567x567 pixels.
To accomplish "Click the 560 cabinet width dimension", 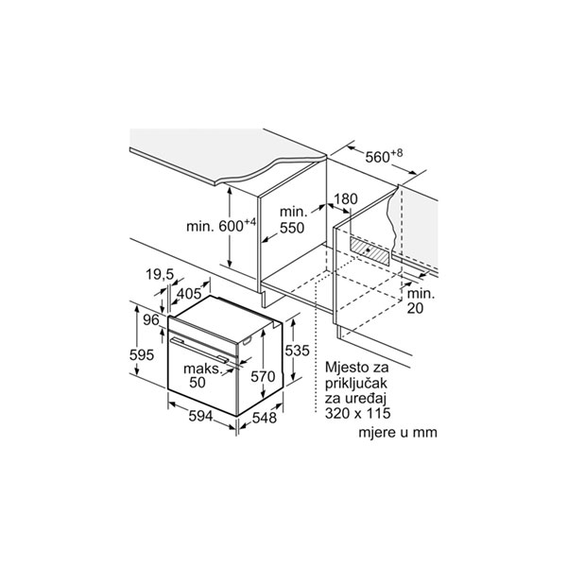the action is (384, 156).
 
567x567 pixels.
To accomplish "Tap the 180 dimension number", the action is (345, 198).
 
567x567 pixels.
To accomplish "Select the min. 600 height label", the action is (221, 225).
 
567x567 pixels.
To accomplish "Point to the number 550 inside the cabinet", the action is (292, 228).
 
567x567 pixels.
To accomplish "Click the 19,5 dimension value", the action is (160, 275).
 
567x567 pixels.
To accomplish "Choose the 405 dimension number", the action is (189, 293).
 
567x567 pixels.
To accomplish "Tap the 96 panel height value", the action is (151, 319).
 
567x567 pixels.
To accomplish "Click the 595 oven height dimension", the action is (142, 354).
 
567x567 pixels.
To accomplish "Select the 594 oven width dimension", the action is (200, 416).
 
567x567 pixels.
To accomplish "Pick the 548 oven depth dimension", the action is (264, 418).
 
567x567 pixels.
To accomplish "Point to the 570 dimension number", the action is (263, 377).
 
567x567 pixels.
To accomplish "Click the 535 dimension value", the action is (298, 351).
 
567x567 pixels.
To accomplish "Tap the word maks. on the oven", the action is (202, 369).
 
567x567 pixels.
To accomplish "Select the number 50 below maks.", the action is (198, 382).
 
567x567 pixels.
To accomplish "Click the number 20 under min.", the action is (415, 308).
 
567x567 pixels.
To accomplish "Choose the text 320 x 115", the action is (357, 413).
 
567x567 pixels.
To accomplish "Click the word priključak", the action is (356, 384).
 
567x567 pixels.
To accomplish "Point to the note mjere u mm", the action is (398, 432).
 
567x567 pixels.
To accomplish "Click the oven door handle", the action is (199, 350).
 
